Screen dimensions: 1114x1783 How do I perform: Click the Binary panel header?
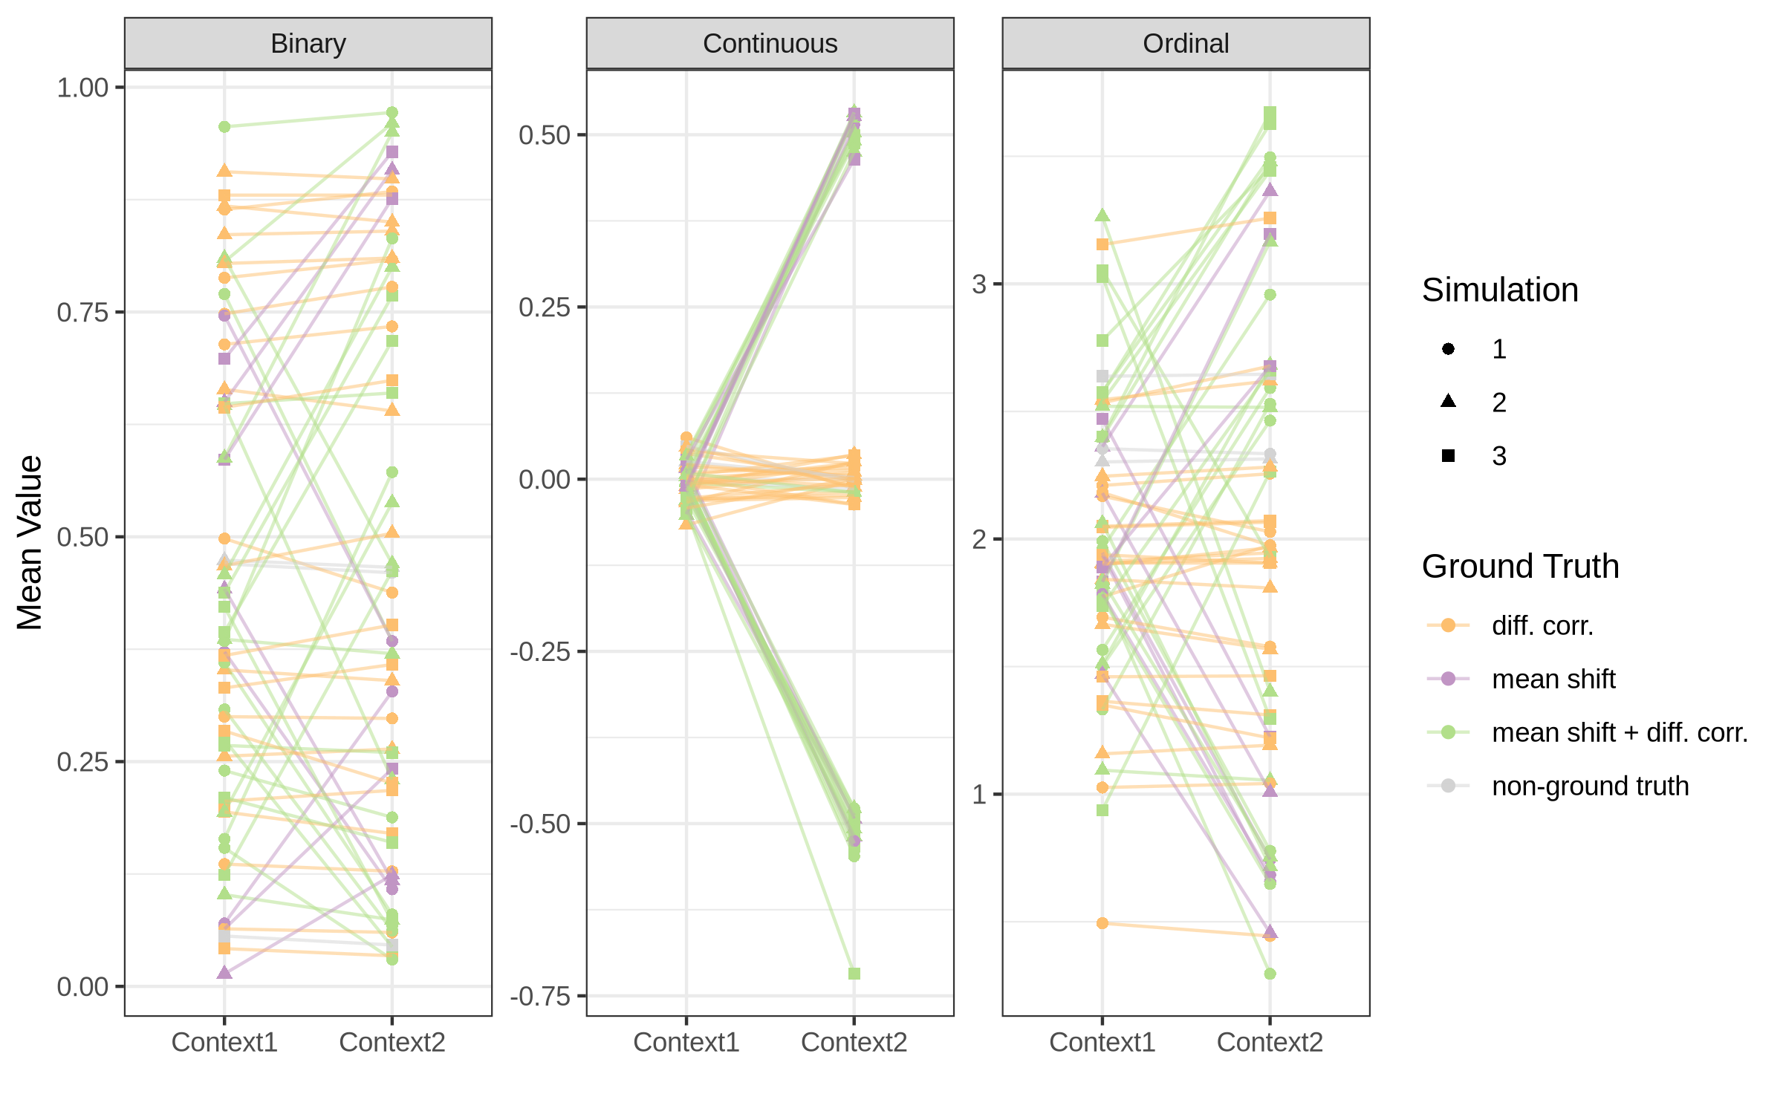point(308,44)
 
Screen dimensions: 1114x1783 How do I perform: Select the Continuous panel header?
point(770,44)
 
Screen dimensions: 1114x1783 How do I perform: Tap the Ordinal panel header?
point(1186,44)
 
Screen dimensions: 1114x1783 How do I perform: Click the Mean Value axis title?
point(30,542)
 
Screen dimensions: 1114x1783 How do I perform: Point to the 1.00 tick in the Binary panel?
point(82,88)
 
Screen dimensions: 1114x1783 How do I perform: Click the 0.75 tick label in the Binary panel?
point(82,313)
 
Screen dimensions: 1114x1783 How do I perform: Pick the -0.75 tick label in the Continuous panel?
point(540,996)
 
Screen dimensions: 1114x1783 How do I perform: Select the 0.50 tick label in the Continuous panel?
point(545,135)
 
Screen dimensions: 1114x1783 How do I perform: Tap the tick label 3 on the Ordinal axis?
point(979,284)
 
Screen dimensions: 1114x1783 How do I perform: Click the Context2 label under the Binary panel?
point(392,1043)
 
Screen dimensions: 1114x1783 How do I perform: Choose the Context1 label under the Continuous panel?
point(686,1043)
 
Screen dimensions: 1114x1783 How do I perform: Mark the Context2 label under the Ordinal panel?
point(1270,1043)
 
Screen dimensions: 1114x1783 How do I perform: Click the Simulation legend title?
point(1499,290)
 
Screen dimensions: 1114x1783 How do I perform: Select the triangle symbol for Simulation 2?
point(1448,402)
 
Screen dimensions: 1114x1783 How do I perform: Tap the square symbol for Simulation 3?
point(1448,455)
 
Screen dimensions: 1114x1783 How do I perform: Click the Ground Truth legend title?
point(1520,567)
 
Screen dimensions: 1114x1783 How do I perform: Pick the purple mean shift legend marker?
point(1448,679)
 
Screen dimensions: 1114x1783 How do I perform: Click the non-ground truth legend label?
point(1590,786)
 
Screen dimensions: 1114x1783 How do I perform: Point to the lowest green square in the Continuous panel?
point(854,974)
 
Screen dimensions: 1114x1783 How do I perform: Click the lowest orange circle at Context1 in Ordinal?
point(1102,923)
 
